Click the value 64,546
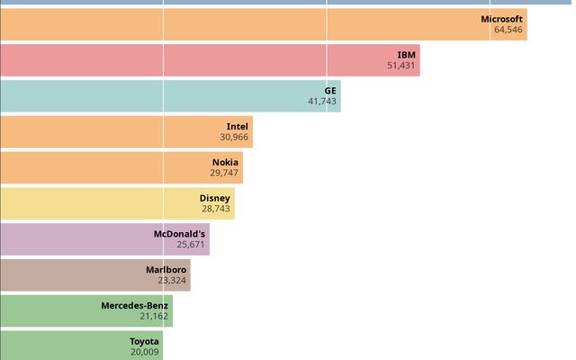click(x=508, y=30)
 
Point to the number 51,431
click(x=401, y=66)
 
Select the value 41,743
click(x=322, y=102)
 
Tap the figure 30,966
click(x=234, y=138)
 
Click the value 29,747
click(x=224, y=174)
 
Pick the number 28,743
click(x=216, y=209)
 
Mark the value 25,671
click(x=191, y=245)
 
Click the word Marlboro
click(x=166, y=270)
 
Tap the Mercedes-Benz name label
click(x=134, y=306)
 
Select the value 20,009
click(x=144, y=353)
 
